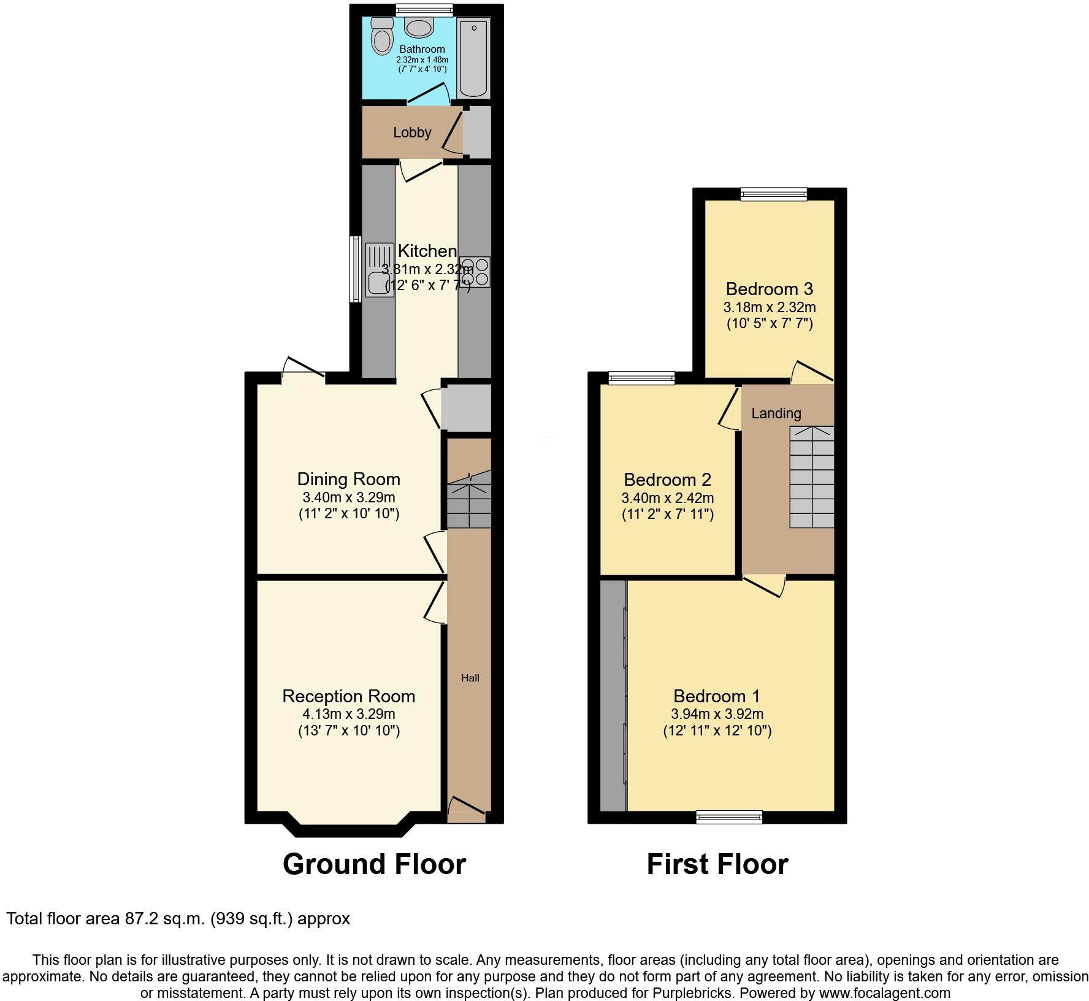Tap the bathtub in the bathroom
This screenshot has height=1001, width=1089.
tap(473, 59)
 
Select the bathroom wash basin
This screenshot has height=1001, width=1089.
tap(419, 27)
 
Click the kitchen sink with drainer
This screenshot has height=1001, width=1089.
tap(380, 270)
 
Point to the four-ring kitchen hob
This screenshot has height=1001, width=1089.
tap(475, 272)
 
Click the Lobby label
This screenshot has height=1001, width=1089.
tap(412, 132)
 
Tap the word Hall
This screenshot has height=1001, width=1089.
tap(470, 678)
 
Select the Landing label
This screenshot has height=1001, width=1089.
tap(776, 413)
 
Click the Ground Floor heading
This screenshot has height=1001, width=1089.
tap(374, 864)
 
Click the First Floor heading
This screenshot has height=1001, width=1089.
tap(717, 864)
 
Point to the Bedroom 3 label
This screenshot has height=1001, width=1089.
tap(769, 288)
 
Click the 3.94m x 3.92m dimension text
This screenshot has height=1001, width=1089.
tap(717, 714)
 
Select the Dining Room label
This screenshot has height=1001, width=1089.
tap(348, 479)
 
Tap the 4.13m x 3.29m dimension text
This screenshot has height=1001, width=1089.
tap(348, 714)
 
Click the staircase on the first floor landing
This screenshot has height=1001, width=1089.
tap(811, 477)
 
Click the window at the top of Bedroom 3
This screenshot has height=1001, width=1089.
tap(773, 194)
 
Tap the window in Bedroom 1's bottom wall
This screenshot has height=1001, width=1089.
tap(729, 816)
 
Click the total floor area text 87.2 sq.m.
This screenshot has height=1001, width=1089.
tap(178, 919)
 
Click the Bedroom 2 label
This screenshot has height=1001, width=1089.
tap(667, 480)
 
